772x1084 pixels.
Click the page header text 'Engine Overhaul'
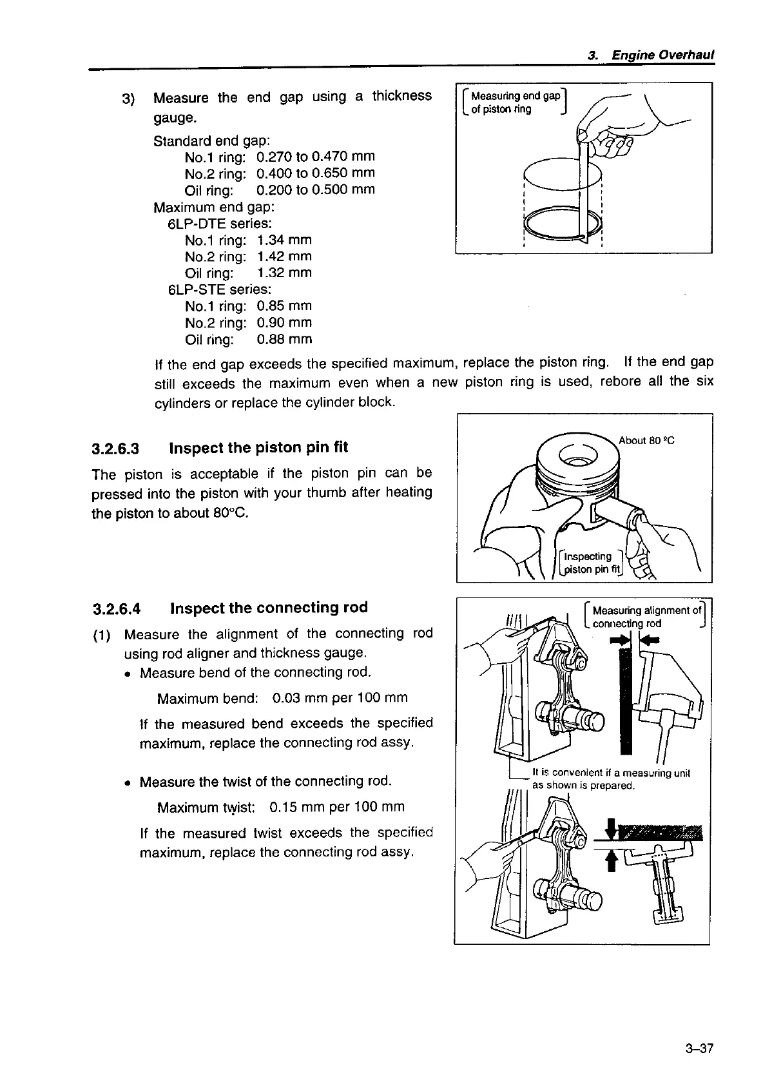click(662, 56)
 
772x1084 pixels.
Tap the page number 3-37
click(699, 1049)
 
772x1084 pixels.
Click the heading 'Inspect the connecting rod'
click(269, 608)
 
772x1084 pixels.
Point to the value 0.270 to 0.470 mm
click(315, 157)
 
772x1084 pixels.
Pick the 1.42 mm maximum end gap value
click(284, 256)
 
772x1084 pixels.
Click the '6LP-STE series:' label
click(219, 289)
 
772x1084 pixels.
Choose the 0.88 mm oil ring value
click(284, 339)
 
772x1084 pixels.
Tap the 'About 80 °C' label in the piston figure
click(646, 441)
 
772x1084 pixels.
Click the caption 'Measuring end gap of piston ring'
click(514, 102)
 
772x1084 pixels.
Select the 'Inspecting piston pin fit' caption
click(590, 562)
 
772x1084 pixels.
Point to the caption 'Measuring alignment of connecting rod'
click(646, 617)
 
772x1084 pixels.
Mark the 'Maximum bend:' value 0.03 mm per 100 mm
click(340, 698)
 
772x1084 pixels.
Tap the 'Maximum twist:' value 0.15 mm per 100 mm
click(337, 807)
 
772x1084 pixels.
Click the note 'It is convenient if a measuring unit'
click(611, 773)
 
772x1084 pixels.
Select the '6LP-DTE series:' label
click(219, 224)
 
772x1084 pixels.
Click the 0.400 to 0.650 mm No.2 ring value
click(315, 173)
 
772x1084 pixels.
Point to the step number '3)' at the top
click(128, 99)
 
